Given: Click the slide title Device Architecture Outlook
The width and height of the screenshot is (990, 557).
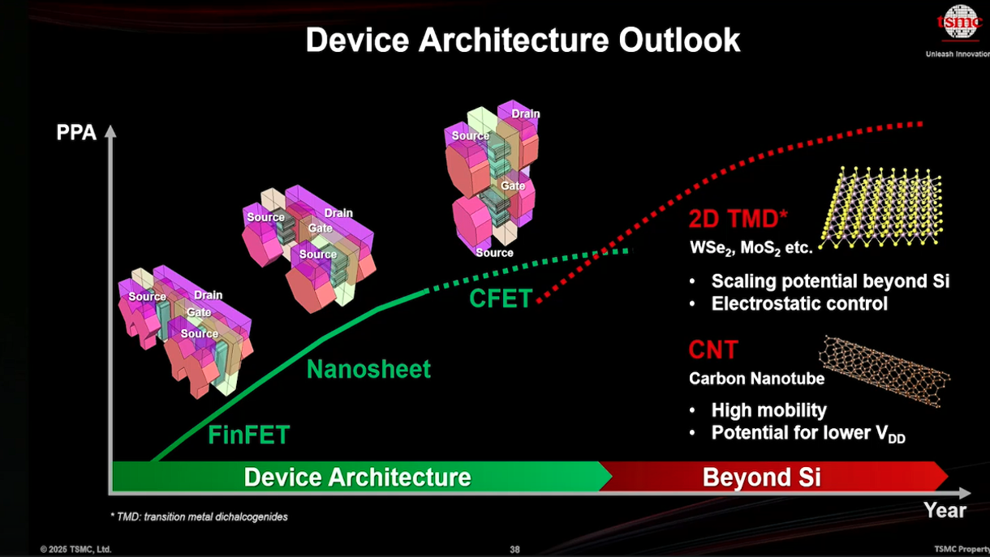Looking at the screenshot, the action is (x=523, y=40).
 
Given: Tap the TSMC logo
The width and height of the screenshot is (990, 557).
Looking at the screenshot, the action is (x=959, y=22).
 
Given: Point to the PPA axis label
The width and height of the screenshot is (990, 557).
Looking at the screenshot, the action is (x=76, y=132).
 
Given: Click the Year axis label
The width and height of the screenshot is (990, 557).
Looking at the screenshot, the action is (x=945, y=511).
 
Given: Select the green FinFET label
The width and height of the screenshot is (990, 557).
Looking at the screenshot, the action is (x=249, y=435).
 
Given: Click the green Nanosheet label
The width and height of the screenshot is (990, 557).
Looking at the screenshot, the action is (x=368, y=369).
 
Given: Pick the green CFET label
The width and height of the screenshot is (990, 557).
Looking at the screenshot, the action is (x=501, y=298).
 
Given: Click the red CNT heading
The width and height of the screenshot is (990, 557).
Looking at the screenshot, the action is (x=713, y=349).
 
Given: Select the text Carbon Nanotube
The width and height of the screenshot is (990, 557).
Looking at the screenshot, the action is (x=756, y=379).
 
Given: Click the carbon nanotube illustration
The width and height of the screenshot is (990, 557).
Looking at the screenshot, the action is (x=885, y=371).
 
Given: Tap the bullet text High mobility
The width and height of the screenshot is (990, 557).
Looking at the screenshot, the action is (x=769, y=410).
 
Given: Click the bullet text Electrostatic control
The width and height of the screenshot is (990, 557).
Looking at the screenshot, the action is (x=799, y=303).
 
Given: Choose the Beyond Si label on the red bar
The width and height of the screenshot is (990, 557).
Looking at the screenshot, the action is (x=761, y=477).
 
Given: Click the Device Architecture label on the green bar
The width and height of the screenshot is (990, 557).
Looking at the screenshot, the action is (x=358, y=477).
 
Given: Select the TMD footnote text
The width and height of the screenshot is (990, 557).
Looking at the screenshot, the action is (x=199, y=516).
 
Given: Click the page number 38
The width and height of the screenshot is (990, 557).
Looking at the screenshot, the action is (x=515, y=550).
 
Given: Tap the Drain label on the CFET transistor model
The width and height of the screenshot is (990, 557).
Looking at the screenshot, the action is (x=526, y=114).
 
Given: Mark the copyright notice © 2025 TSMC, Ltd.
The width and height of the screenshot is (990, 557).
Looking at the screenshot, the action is (x=75, y=550).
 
